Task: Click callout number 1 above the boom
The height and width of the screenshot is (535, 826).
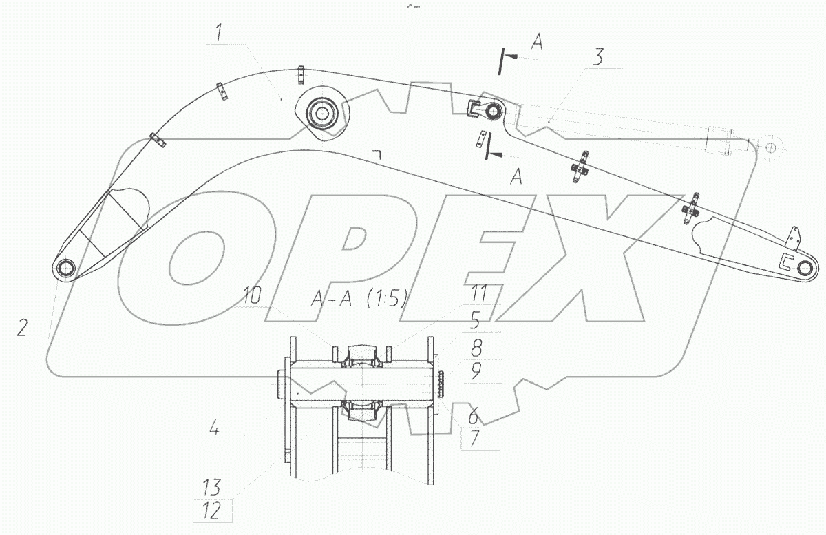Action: [219, 32]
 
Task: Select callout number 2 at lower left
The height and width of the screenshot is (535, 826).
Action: [22, 328]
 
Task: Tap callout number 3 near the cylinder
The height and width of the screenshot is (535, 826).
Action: [597, 57]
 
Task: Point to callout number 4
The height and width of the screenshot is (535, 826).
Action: [214, 428]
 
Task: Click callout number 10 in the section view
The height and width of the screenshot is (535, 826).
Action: [252, 296]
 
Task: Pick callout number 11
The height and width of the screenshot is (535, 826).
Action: [479, 294]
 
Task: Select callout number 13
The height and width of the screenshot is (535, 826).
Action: [211, 487]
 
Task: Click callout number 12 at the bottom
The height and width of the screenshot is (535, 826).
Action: [212, 511]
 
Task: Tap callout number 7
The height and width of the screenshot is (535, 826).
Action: [474, 439]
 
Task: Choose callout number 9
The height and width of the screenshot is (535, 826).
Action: [476, 371]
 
